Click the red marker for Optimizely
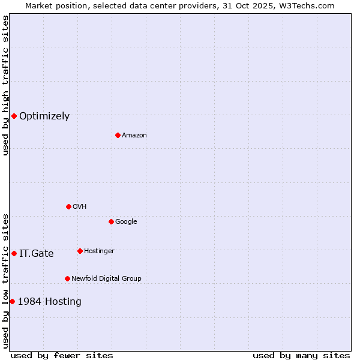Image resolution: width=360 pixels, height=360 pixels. point(14,116)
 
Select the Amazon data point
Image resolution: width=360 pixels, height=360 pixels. point(118,135)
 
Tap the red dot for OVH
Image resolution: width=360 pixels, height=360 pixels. point(68,206)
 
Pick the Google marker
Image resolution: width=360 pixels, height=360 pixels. point(111,221)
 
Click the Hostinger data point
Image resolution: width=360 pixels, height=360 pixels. point(80,251)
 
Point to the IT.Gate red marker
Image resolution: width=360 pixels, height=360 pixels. point(14,253)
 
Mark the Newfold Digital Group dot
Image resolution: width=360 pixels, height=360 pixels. point(67,278)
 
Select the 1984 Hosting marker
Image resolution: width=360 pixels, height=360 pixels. point(12,301)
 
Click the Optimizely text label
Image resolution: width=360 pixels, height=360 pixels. point(44,116)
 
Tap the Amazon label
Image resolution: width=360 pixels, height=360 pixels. point(134,136)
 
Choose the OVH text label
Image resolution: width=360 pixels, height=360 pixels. point(80,207)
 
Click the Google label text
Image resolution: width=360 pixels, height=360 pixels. point(126,222)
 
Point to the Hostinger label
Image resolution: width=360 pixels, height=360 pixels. point(99,251)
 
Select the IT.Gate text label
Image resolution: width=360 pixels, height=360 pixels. point(37,254)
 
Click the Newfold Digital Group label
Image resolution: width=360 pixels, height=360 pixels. point(106,279)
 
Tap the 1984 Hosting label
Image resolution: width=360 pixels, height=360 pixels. point(50,302)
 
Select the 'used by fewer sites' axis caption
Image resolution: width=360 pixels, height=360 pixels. point(62,355)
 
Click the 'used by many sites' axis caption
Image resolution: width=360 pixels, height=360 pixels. point(301,355)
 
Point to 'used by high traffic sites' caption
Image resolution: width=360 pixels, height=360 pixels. point(5,85)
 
